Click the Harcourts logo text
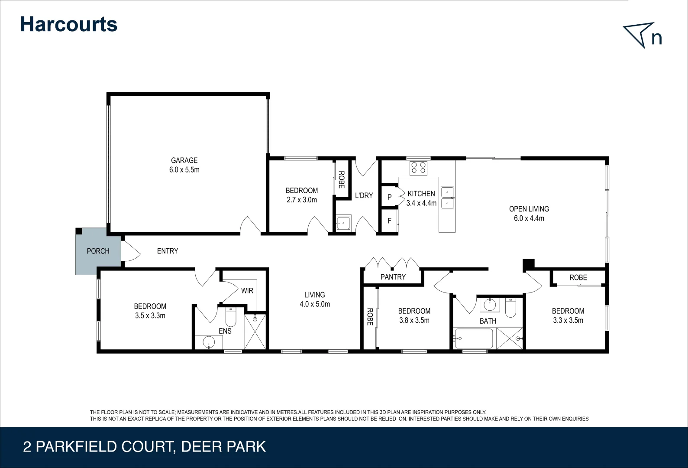(x=68, y=24)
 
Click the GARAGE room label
(x=184, y=160)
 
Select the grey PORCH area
(x=98, y=251)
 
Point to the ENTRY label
(x=168, y=251)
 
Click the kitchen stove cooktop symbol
(x=419, y=168)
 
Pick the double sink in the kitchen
(x=447, y=198)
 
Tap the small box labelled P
(x=389, y=197)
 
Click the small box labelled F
(x=389, y=221)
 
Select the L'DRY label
(x=364, y=195)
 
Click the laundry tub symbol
(x=344, y=223)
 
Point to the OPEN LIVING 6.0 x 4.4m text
(x=529, y=214)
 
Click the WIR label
(x=247, y=291)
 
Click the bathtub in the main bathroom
(x=474, y=338)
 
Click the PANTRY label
(x=393, y=277)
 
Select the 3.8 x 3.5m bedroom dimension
(x=414, y=321)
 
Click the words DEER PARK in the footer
(x=223, y=447)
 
